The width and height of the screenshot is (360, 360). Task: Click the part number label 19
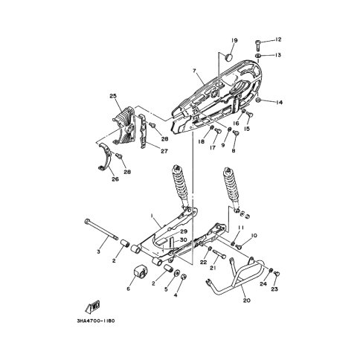[x=234, y=40]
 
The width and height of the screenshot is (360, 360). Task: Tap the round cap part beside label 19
[x=229, y=57]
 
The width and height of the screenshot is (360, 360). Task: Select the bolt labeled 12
[x=258, y=45]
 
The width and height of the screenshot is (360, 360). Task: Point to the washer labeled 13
[x=258, y=55]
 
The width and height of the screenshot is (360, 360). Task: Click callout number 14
[x=279, y=102]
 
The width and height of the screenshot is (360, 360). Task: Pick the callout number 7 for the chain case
[x=194, y=71]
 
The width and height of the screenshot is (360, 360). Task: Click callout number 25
[x=113, y=96]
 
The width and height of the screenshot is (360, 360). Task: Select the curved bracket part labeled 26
[x=104, y=157]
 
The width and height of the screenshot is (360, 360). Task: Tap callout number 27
[x=164, y=151]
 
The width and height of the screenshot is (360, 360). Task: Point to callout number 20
[x=247, y=300]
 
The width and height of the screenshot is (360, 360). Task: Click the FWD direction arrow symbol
[x=93, y=306]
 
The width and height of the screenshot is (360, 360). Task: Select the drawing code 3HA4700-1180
[x=96, y=321]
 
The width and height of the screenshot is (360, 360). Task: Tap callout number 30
[x=184, y=240]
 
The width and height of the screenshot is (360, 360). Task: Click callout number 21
[x=213, y=268]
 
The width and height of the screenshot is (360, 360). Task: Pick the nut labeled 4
[x=184, y=277]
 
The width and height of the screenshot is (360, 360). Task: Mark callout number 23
[x=274, y=289]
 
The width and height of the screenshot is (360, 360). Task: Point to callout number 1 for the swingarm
[x=152, y=216]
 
